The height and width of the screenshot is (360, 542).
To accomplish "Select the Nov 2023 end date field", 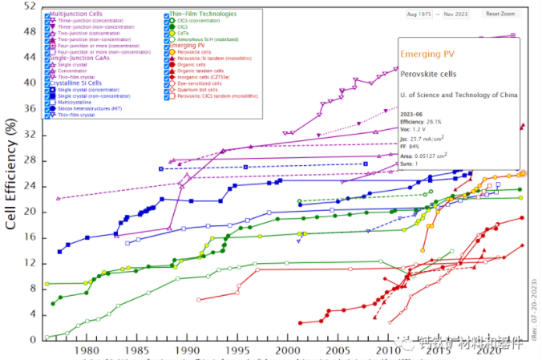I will (x=462, y=14).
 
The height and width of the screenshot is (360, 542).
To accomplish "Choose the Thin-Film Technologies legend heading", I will (x=203, y=14).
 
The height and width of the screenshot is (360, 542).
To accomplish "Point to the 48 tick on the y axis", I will (x=31, y=31).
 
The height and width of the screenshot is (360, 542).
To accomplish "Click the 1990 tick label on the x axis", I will (x=186, y=350).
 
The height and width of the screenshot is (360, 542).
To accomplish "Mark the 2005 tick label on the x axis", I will (x=338, y=350).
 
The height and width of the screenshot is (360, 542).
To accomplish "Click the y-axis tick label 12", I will (x=31, y=263).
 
